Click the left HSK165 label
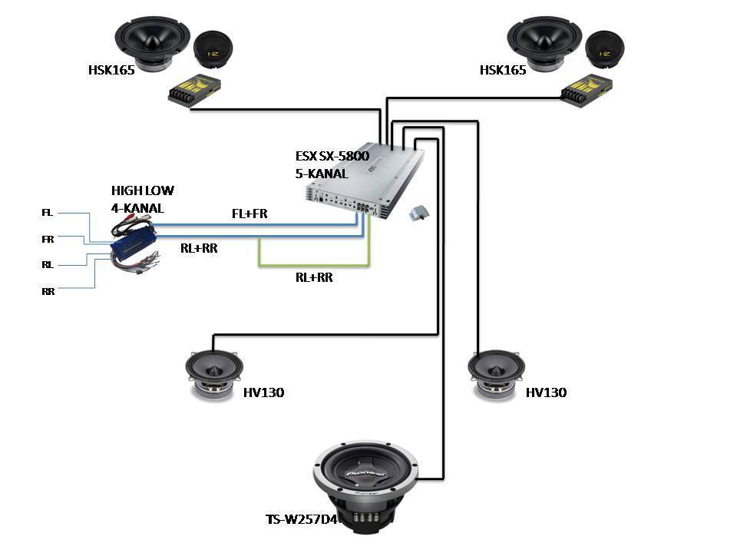(x=111, y=70)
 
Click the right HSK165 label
(x=503, y=70)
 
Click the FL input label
(x=48, y=212)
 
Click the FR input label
(x=48, y=239)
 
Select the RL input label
(x=48, y=263)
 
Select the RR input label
(x=48, y=291)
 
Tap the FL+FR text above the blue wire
(x=250, y=214)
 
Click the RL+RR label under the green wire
(x=314, y=278)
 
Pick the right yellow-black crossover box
(x=590, y=90)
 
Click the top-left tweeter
(x=213, y=50)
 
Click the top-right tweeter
(x=604, y=50)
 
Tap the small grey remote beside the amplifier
(x=419, y=213)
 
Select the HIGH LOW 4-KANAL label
(x=142, y=198)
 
